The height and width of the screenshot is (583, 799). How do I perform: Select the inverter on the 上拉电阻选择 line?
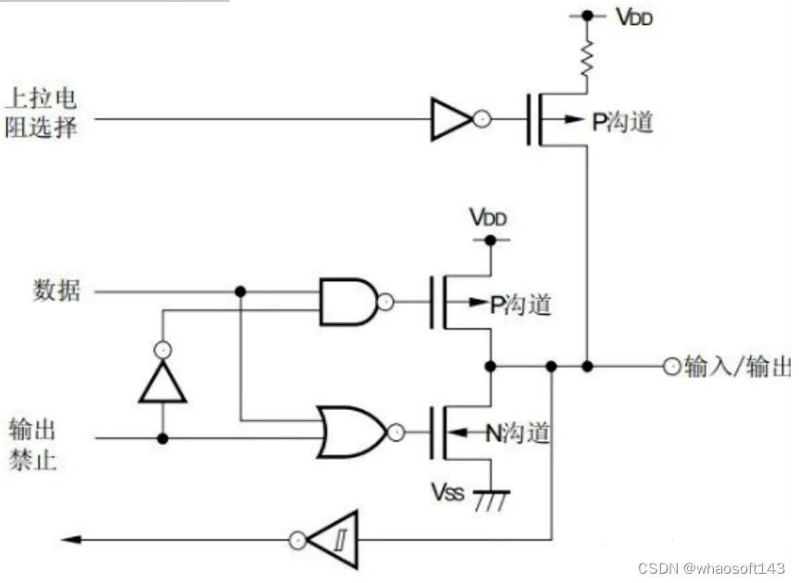pyautogui.click(x=452, y=118)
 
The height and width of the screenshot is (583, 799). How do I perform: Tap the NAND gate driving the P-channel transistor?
pyautogui.click(x=348, y=301)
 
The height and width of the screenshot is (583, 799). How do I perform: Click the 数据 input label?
pyautogui.click(x=57, y=291)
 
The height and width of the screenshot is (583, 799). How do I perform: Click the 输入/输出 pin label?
pyautogui.click(x=738, y=366)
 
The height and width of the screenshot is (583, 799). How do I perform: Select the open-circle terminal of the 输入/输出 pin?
pyautogui.click(x=671, y=366)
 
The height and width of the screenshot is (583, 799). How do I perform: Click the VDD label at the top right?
pyautogui.click(x=634, y=16)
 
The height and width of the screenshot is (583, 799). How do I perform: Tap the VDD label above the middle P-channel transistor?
pyautogui.click(x=488, y=217)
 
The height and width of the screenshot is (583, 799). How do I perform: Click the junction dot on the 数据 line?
pyautogui.click(x=240, y=291)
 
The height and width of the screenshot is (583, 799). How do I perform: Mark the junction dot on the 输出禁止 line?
pyautogui.click(x=163, y=438)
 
